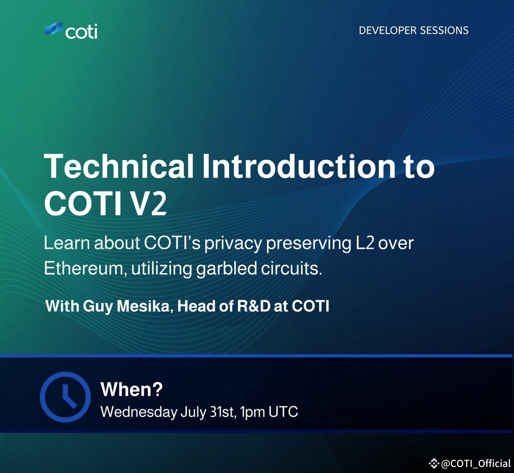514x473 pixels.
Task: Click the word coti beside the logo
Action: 81,31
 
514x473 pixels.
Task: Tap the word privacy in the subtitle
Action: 233,243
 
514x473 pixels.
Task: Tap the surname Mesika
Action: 144,306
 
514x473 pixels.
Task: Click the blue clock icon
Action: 65,396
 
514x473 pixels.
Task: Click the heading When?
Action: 131,389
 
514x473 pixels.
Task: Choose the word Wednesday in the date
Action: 139,412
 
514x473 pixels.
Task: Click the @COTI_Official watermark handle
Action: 475,463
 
